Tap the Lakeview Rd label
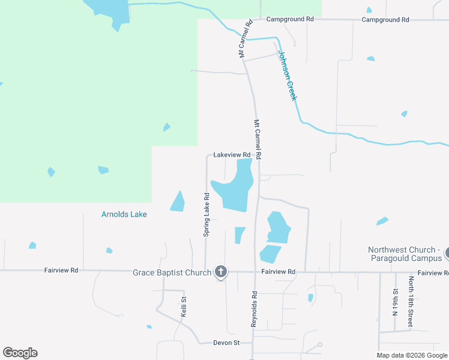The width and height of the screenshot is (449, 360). (232, 155)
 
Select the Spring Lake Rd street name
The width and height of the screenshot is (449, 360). (206, 214)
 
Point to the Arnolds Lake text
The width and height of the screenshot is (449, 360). (124, 214)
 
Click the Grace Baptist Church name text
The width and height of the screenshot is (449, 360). (172, 272)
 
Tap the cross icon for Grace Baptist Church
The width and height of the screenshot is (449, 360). (221, 272)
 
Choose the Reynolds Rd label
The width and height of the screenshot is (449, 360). (254, 309)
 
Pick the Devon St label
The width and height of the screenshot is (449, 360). (226, 343)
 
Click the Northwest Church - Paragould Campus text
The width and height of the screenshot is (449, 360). (405, 254)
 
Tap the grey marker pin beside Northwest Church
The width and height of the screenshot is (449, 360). (447, 254)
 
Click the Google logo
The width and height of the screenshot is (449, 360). (20, 353)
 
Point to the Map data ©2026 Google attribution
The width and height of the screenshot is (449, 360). (412, 355)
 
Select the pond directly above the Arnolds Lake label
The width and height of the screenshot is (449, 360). (178, 202)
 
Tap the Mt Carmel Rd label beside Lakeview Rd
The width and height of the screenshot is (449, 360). (258, 139)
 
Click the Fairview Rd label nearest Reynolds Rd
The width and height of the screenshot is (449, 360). (279, 272)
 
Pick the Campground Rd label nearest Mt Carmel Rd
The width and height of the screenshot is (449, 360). (291, 19)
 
